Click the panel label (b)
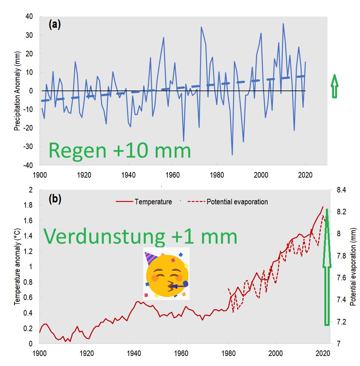coord(54,199)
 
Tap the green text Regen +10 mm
coord(120,151)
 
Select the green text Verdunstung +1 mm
coord(140,236)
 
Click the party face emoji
coord(166,274)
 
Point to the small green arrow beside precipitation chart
coord(334,86)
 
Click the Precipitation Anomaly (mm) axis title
coord(17,91)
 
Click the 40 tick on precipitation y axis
coord(29,17)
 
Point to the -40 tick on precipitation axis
coord(28,165)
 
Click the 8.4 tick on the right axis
coord(341,190)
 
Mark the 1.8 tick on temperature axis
coord(29,205)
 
